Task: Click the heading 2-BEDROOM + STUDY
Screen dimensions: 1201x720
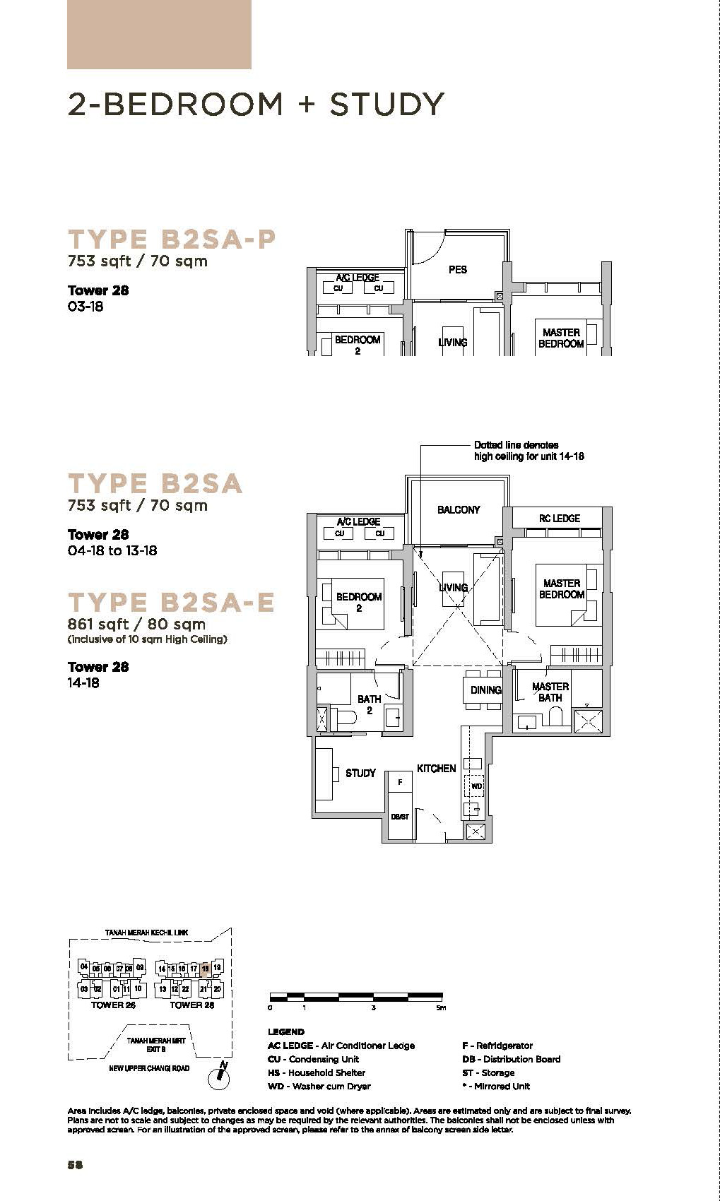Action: (256, 105)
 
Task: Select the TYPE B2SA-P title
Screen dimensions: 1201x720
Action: (171, 239)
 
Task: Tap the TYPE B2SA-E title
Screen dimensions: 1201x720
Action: (171, 602)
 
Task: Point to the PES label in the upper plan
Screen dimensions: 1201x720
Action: (457, 269)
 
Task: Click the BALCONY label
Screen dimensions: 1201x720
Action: (458, 509)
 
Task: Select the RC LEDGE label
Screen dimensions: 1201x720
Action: (559, 519)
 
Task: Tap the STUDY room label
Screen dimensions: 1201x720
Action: (360, 773)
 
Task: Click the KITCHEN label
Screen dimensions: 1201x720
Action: (436, 768)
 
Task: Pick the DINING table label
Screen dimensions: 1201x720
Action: (485, 690)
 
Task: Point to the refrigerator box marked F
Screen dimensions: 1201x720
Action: (400, 782)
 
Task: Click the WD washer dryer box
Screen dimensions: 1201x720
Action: (476, 786)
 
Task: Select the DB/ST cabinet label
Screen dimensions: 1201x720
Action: (400, 817)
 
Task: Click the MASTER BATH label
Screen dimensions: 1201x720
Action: (550, 692)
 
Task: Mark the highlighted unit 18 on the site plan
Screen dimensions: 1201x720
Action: (205, 969)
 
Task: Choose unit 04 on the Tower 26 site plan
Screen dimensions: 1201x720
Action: (84, 967)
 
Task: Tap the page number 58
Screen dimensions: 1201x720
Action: (75, 1165)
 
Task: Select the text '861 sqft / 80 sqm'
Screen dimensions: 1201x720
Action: (136, 625)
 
